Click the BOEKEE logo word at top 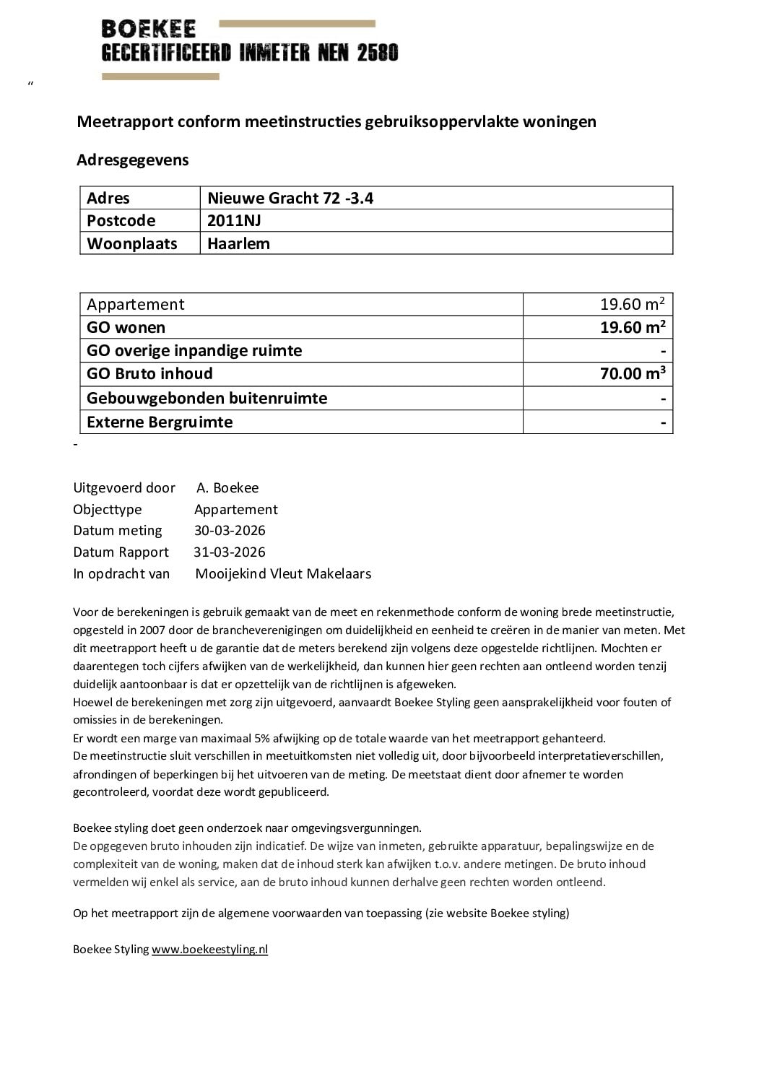149,29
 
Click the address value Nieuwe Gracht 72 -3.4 290,198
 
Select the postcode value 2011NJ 234,220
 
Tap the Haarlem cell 238,243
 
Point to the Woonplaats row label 131,243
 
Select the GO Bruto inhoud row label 149,373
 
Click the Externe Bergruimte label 160,422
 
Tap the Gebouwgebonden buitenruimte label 207,398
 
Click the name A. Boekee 227,487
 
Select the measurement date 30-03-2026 230,530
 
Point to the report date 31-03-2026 230,552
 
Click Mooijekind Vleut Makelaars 283,573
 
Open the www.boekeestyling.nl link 209,949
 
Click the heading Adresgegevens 132,160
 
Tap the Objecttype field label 108,509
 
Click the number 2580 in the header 378,53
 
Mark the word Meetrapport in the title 125,121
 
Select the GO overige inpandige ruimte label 194,350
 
